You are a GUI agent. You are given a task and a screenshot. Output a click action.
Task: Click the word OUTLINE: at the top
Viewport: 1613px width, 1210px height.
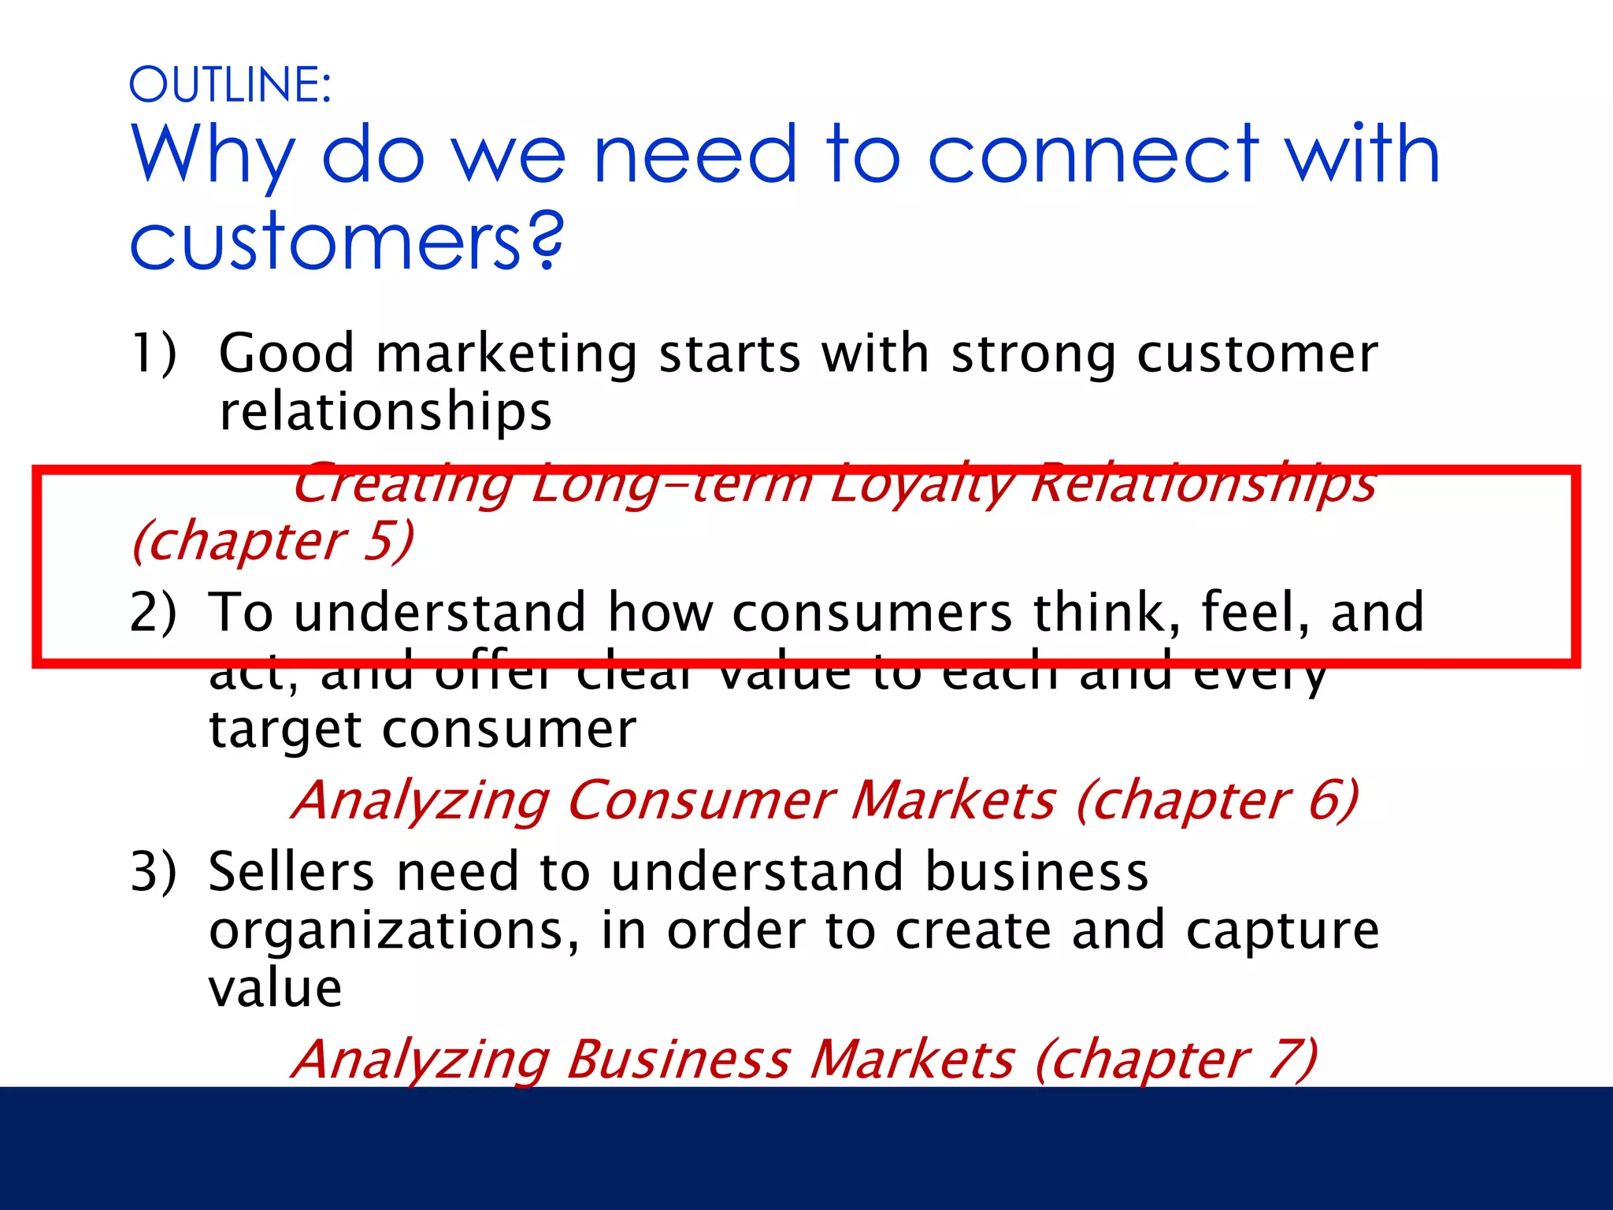(230, 84)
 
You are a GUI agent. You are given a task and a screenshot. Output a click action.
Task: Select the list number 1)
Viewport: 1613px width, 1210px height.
(154, 352)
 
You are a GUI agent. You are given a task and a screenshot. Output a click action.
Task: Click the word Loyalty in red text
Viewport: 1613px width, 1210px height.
(921, 484)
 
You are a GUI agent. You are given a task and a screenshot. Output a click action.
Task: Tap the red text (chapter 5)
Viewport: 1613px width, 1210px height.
(273, 541)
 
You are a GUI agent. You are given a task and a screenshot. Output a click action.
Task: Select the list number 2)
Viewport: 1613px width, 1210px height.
(154, 612)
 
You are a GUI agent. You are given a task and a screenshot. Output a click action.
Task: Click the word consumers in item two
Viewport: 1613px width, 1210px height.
(872, 612)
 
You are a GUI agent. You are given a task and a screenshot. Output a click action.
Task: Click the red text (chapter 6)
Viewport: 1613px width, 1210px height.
(1218, 800)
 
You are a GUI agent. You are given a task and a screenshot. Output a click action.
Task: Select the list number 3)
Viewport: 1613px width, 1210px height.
(154, 872)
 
